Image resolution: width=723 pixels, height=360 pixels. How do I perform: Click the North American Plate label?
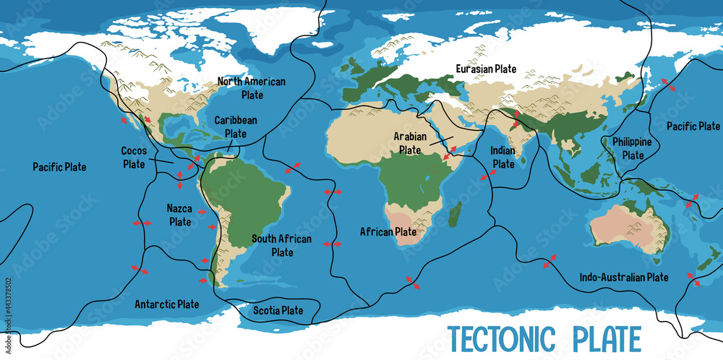[x=252, y=88]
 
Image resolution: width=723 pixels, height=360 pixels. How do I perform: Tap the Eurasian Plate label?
[x=486, y=69]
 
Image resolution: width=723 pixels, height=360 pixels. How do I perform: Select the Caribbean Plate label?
[x=235, y=127]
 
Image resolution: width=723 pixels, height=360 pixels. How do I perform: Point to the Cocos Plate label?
[x=134, y=158]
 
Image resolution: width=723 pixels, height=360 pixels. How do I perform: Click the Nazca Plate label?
[x=179, y=215]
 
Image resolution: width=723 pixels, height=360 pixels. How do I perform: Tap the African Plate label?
[x=388, y=232]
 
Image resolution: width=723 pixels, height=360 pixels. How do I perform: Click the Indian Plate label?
[x=502, y=157]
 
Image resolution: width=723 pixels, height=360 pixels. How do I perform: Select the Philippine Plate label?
[x=633, y=148]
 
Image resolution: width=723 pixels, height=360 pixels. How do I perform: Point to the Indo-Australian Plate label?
[x=624, y=277]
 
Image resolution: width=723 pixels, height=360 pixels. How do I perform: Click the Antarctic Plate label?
[x=167, y=304]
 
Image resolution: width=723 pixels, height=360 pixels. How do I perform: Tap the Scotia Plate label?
[x=278, y=311]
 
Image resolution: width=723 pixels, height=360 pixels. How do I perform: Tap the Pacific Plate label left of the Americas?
[x=59, y=167]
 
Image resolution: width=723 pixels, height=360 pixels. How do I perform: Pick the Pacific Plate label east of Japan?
[x=693, y=126]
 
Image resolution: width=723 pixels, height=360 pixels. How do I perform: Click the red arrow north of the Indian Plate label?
[x=515, y=118]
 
